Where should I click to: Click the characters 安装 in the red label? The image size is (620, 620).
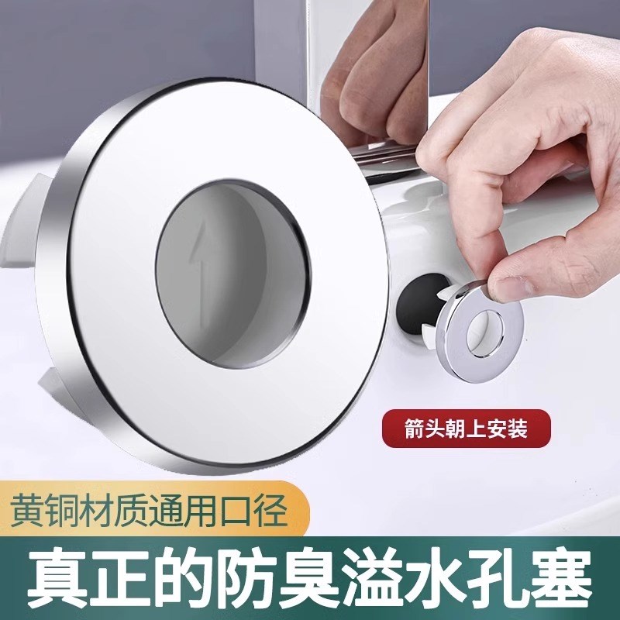click(503, 425)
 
